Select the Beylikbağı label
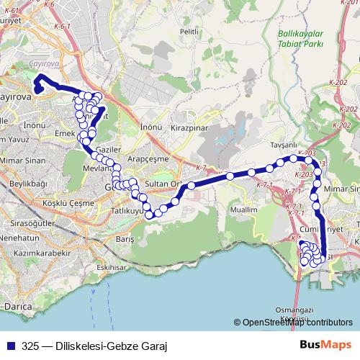(x=28, y=184)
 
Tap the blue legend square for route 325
(x=10, y=345)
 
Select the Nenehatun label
(x=24, y=237)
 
